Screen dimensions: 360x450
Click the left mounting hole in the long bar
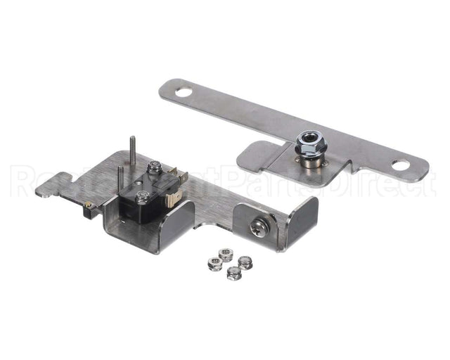point(183,91)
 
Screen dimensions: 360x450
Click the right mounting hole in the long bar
point(400,166)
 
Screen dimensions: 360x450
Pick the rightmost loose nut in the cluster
point(245,262)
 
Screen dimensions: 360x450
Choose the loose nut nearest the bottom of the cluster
point(233,273)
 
